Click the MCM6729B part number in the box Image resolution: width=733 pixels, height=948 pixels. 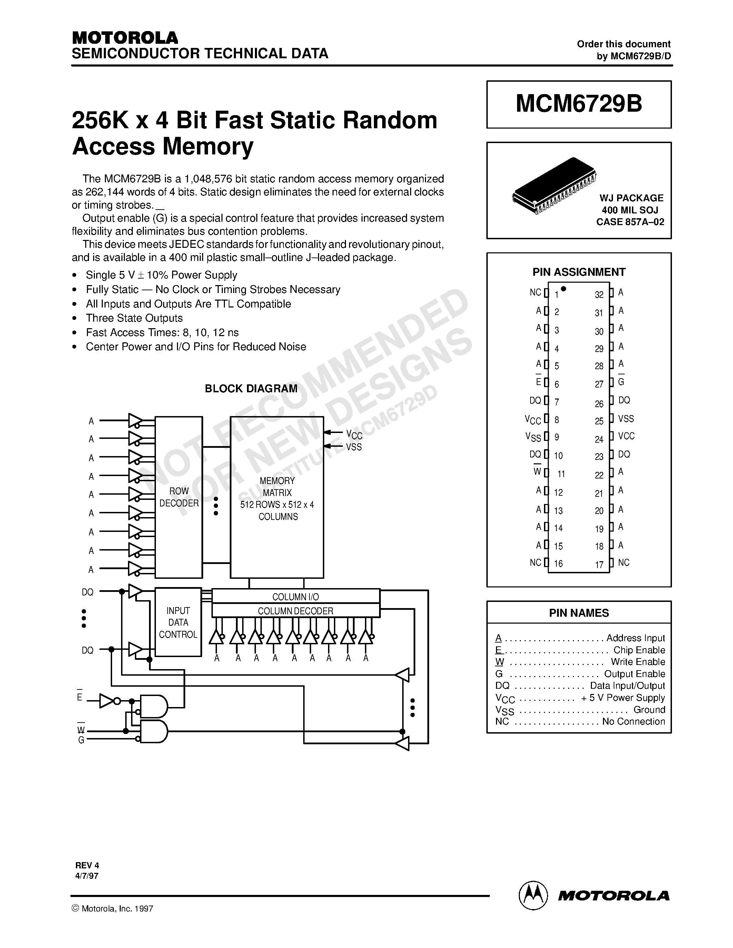[x=578, y=104]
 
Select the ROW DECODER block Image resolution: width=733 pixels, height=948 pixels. [x=178, y=497]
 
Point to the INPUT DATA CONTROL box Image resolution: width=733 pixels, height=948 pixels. [x=178, y=622]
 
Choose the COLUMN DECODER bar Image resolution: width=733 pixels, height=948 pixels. [x=295, y=611]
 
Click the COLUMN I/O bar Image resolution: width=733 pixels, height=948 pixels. [x=295, y=596]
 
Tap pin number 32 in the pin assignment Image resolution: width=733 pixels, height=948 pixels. [x=599, y=295]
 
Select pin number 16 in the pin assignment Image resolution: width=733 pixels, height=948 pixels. [x=558, y=563]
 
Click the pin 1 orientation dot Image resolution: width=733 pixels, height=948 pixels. [x=563, y=289]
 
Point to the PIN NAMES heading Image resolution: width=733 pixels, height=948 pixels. [x=579, y=613]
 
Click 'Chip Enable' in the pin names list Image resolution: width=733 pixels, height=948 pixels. [x=639, y=650]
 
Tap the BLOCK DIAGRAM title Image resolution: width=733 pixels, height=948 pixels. [x=251, y=389]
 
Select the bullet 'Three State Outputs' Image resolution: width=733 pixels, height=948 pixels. [x=134, y=318]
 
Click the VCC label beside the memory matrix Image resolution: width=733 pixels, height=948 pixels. [x=354, y=434]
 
